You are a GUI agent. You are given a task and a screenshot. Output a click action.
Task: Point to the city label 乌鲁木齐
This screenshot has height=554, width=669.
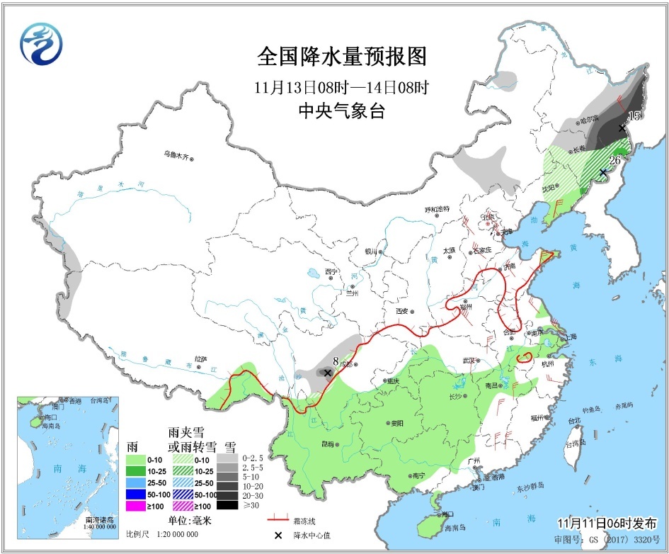(176, 155)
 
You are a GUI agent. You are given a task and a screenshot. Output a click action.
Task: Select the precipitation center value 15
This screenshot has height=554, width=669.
(635, 115)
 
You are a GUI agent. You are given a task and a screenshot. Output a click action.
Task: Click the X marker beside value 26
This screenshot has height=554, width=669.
(602, 172)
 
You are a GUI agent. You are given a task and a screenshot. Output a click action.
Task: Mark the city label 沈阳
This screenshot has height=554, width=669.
(549, 190)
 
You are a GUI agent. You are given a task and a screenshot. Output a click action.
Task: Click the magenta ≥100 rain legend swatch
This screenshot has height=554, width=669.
(136, 505)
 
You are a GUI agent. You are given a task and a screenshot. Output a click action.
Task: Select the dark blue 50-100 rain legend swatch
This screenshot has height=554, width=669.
(136, 493)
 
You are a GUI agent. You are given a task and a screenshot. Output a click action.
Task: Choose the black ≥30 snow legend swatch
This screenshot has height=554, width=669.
(227, 505)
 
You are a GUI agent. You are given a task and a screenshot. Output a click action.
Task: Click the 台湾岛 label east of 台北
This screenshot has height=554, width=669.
(574, 445)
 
